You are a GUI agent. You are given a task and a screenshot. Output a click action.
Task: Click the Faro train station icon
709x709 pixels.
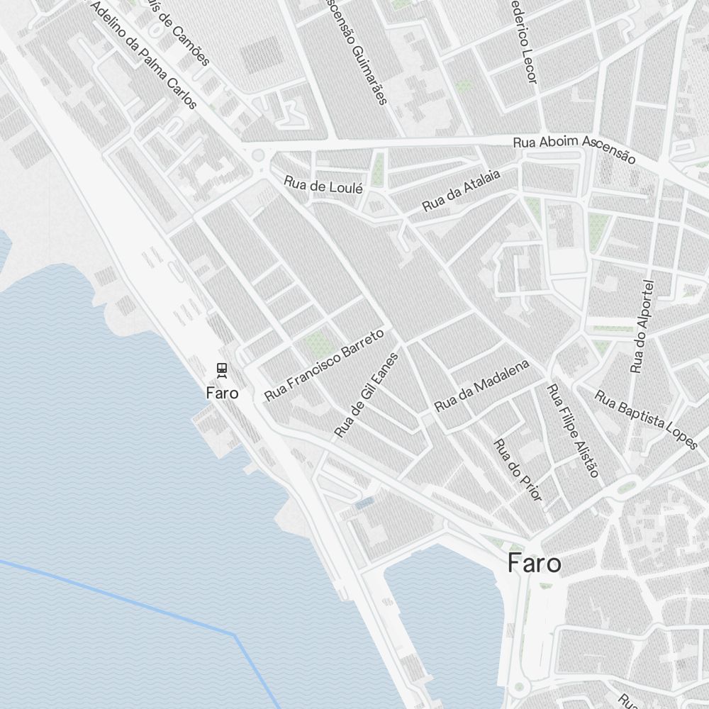[222, 369]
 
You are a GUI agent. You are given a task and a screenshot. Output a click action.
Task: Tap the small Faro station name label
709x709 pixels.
[222, 392]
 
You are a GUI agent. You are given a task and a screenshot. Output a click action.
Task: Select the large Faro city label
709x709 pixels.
[535, 564]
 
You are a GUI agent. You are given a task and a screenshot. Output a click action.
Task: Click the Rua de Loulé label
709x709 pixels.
[323, 186]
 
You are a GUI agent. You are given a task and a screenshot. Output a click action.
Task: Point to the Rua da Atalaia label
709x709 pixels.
[461, 190]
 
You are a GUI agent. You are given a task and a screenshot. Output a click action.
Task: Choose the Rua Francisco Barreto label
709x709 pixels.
[324, 364]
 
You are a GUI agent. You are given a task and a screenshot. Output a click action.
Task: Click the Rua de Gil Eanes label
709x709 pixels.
[367, 394]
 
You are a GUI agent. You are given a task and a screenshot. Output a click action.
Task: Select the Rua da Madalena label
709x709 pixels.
[482, 386]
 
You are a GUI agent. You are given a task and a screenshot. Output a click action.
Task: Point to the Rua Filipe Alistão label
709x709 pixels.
[573, 430]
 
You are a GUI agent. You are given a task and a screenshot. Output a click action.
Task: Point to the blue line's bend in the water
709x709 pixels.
[234, 633]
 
